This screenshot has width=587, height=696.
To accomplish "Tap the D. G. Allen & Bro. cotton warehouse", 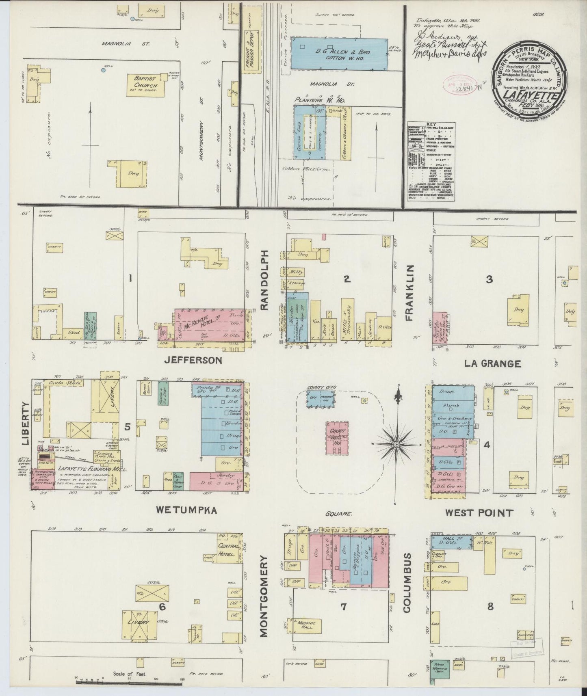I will (340, 54).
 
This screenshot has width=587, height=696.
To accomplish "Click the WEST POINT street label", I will (479, 512).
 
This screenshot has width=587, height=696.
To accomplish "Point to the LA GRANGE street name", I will (492, 363).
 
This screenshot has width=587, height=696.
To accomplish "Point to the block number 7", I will (344, 607).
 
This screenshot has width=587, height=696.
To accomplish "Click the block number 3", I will (489, 279).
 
